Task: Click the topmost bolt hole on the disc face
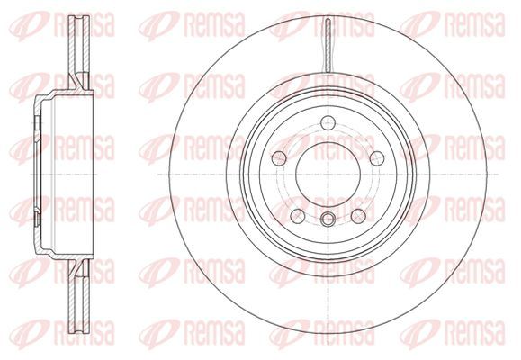[328, 122]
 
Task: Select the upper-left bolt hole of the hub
[279, 158]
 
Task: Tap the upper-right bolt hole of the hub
[377, 158]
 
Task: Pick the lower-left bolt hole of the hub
[297, 216]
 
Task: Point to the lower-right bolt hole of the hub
[358, 216]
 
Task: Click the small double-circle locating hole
[328, 220]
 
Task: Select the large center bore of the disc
[328, 175]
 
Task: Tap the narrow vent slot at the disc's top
[328, 45]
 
